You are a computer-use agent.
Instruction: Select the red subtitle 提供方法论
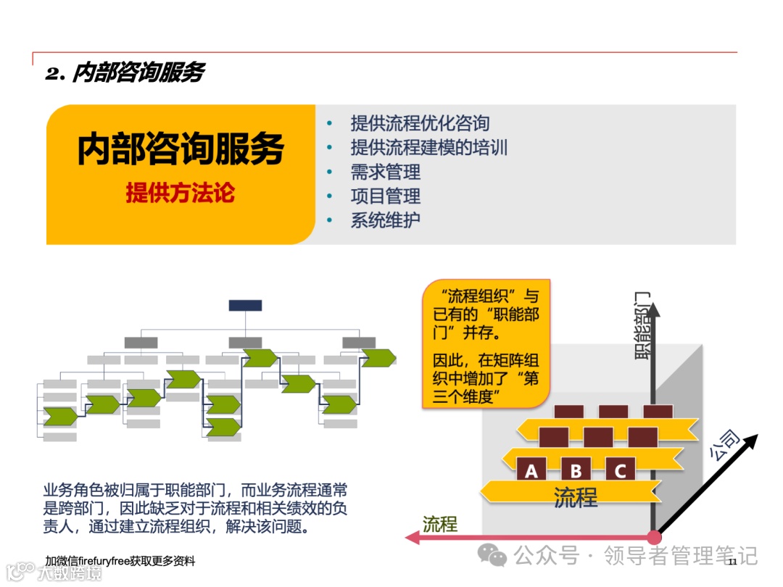coord(181,193)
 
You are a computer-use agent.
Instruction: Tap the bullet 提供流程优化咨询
coord(420,123)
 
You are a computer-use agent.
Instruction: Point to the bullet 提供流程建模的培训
coord(428,148)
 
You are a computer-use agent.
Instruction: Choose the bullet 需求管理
coord(385,172)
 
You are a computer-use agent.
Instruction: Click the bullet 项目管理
coord(385,196)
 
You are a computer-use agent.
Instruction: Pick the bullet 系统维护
coord(385,220)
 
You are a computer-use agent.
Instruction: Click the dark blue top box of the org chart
coord(245,305)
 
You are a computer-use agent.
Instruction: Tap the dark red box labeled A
coord(531,470)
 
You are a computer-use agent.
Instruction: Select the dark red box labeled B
coord(576,470)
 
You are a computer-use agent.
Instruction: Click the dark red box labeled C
coord(620,470)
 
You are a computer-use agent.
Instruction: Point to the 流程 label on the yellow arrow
coord(576,498)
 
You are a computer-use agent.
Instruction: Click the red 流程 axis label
coord(440,524)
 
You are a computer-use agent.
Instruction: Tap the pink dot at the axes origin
coord(655,537)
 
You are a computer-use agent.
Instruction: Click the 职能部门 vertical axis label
coord(642,326)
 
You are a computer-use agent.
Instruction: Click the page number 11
coord(732,562)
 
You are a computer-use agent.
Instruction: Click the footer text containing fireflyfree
coord(120,562)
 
